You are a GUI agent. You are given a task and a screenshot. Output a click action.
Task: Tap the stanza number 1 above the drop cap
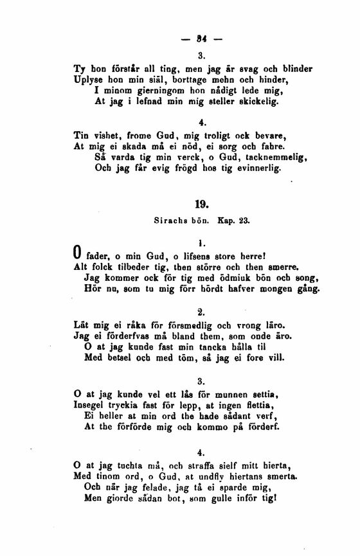tap(202, 243)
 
